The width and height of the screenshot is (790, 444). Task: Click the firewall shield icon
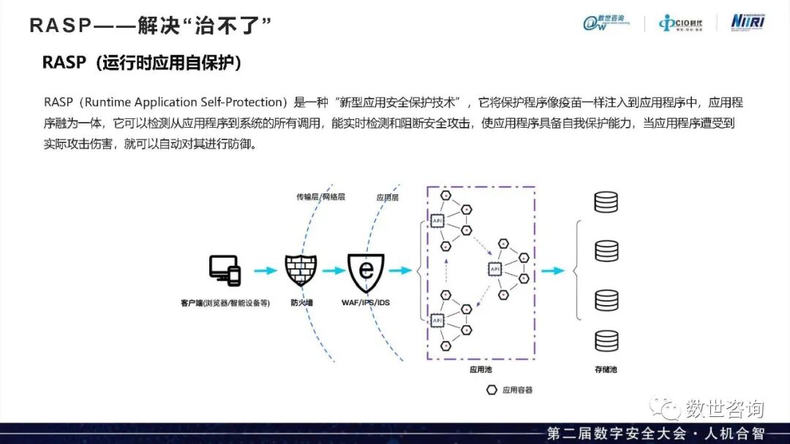tap(301, 270)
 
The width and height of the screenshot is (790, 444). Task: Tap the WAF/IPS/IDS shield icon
tap(366, 271)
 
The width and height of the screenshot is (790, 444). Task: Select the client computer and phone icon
tap(225, 270)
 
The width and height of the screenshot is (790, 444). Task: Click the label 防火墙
tap(301, 302)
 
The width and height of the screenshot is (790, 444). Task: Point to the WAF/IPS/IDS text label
tap(366, 302)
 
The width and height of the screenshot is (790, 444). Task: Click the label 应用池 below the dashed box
tap(481, 370)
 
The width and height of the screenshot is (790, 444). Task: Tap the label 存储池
tap(606, 370)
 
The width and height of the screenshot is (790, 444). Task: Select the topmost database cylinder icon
tap(606, 202)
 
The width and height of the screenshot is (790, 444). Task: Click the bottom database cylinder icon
tap(606, 340)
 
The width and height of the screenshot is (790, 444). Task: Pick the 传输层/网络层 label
tap(320, 197)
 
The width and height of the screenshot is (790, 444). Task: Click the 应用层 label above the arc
tap(387, 197)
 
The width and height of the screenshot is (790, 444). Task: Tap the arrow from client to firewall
tap(263, 270)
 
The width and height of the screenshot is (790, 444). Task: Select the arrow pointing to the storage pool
tap(553, 270)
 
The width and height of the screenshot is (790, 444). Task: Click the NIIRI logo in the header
tap(748, 22)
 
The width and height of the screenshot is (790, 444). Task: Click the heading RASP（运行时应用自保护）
tap(142, 64)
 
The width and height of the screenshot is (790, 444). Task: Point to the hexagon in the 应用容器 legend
tap(491, 390)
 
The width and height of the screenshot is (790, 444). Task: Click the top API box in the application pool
tap(438, 221)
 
